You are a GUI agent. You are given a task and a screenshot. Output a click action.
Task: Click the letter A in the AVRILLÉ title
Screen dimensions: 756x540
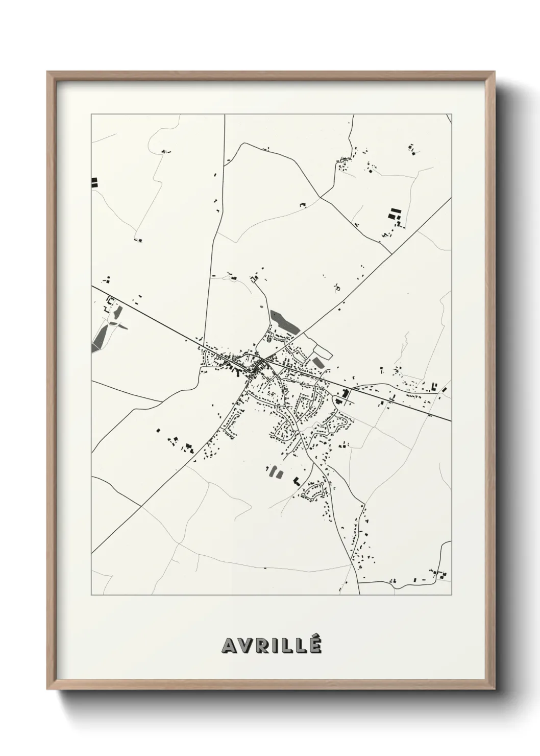click(229, 646)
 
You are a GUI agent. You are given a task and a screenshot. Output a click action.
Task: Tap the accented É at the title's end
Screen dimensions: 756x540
click(315, 645)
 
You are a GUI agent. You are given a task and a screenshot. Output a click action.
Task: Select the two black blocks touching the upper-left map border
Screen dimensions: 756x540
click(94, 183)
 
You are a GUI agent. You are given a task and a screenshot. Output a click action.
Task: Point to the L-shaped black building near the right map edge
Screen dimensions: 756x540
click(435, 387)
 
